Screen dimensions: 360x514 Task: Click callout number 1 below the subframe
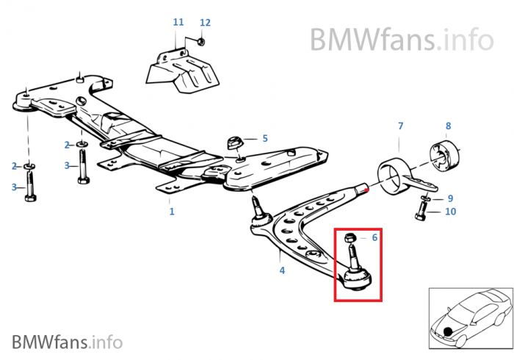pos(172,212)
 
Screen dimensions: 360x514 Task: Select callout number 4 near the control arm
pos(282,270)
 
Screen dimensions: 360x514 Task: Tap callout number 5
pos(265,138)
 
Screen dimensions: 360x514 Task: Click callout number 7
pos(401,126)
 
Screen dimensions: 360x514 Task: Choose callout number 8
pos(448,126)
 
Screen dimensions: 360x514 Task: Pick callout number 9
pos(451,198)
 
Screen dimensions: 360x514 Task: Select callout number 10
pos(451,212)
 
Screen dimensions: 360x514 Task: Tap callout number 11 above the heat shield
pos(178,23)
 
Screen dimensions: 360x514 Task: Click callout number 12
pos(205,23)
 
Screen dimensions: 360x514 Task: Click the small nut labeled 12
pos(201,42)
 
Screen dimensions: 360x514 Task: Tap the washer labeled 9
pos(427,198)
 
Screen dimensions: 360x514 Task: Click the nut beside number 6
pos(351,237)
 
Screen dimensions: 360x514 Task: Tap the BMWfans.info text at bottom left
pos(67,342)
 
